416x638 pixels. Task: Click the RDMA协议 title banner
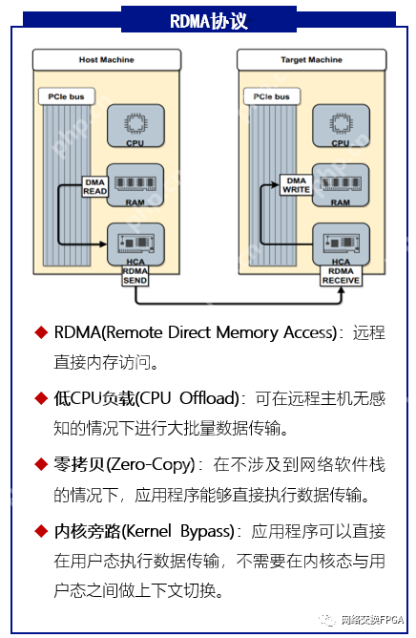[x=208, y=20]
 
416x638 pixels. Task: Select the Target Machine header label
[x=311, y=60]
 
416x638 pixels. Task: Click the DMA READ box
[x=94, y=186]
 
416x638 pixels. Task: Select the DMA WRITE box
[x=297, y=185]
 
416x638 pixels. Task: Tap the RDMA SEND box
[x=135, y=276]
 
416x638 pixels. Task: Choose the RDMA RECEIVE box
[x=341, y=276]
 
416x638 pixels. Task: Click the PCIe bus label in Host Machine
[x=63, y=97]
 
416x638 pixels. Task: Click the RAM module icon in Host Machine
[x=135, y=181]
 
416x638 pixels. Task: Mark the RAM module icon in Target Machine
[x=341, y=181]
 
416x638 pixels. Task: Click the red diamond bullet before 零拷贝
[x=41, y=464]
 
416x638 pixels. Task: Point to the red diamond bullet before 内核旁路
[x=41, y=530]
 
